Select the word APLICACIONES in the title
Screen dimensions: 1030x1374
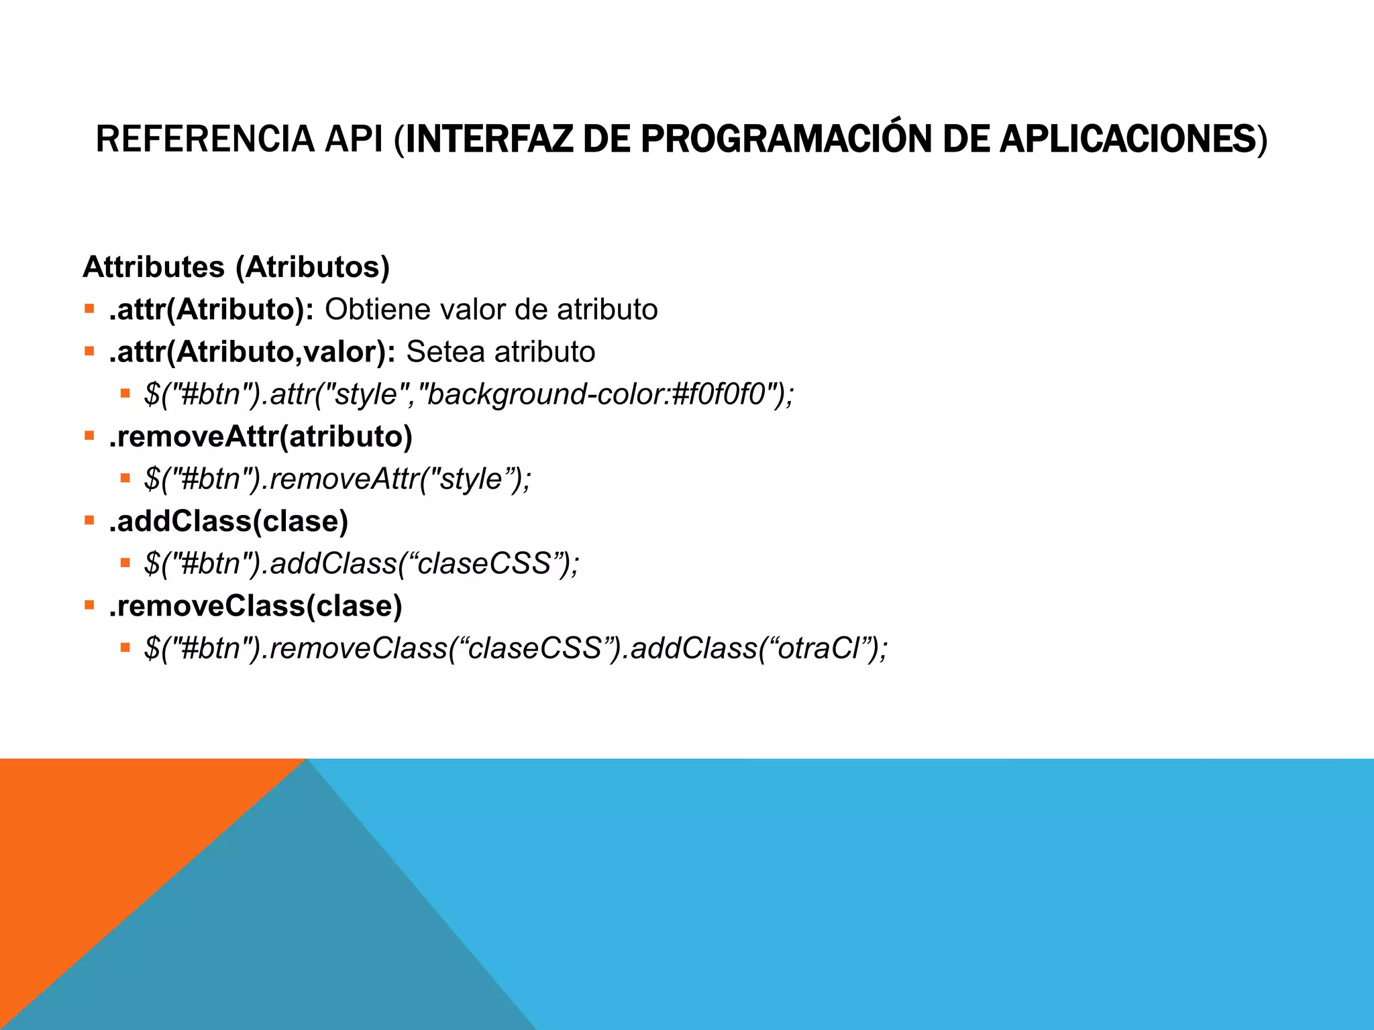[x=1127, y=139]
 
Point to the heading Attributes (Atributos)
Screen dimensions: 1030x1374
[x=236, y=267]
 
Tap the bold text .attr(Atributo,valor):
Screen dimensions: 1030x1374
[x=252, y=352]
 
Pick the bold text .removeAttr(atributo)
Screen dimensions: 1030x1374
[x=260, y=437]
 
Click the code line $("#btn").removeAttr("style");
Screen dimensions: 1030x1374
[x=337, y=479]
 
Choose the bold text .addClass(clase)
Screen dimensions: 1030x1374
[x=229, y=521]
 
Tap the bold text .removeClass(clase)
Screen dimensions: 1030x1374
[x=256, y=606]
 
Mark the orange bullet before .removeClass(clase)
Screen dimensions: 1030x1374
[x=89, y=605]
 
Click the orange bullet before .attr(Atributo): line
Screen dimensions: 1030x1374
[x=89, y=309]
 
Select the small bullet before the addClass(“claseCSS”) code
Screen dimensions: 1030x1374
[x=125, y=563]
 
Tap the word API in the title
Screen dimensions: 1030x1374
[x=354, y=139]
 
